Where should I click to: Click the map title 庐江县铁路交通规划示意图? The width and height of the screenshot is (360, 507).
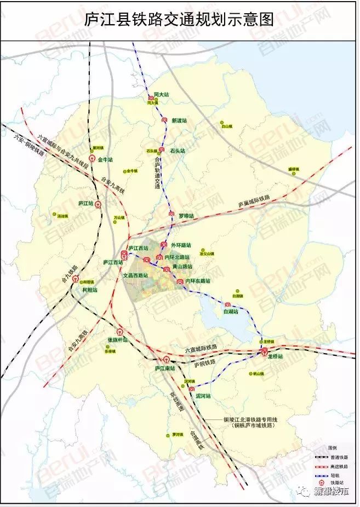pyautogui.click(x=179, y=21)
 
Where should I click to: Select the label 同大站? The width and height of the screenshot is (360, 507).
pyautogui.click(x=161, y=95)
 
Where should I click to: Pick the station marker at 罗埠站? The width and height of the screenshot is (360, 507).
pyautogui.click(x=172, y=214)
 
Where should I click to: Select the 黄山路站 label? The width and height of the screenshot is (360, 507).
pyautogui.click(x=182, y=267)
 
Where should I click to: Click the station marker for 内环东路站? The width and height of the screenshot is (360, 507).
pyautogui.click(x=179, y=281)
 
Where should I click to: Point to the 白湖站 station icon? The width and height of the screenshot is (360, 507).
pyautogui.click(x=227, y=304)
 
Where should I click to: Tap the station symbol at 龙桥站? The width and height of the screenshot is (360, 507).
pyautogui.click(x=264, y=353)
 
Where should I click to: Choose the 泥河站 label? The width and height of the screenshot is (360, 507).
pyautogui.click(x=203, y=395)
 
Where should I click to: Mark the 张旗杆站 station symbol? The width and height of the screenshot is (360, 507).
pyautogui.click(x=119, y=332)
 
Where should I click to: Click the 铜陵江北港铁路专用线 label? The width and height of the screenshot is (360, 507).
pyautogui.click(x=247, y=419)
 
